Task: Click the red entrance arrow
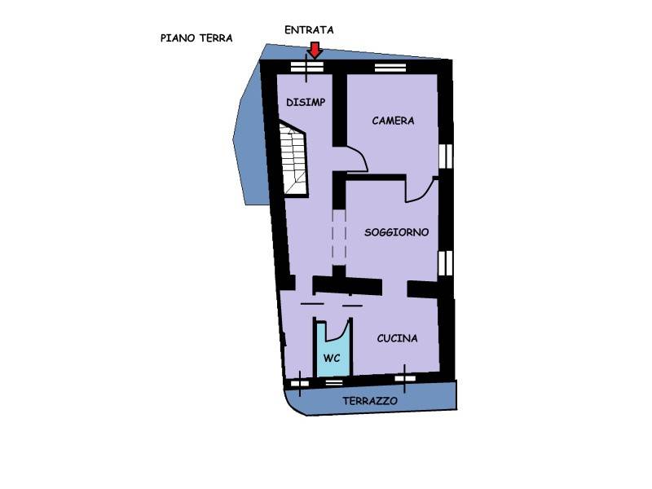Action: click(x=315, y=50)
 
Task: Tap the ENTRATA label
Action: click(x=309, y=30)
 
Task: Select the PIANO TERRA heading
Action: click(x=196, y=38)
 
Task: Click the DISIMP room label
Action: click(x=306, y=102)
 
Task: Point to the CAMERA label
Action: click(x=393, y=121)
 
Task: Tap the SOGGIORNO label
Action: click(x=396, y=232)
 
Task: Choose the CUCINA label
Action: click(x=397, y=338)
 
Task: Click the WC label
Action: click(x=332, y=358)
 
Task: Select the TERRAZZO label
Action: click(x=370, y=401)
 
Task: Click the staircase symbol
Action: click(x=294, y=158)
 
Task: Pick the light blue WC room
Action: click(x=332, y=350)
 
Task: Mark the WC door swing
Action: click(x=337, y=332)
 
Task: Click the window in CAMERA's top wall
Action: click(x=390, y=68)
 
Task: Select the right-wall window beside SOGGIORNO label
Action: click(x=445, y=262)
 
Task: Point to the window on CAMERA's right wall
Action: click(x=445, y=156)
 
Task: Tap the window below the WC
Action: click(x=333, y=381)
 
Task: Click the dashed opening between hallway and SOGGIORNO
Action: click(x=339, y=237)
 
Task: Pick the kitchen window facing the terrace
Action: click(x=405, y=378)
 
